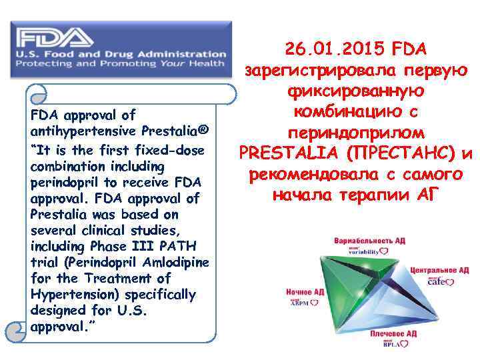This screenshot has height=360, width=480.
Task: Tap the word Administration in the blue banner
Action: pos(181,54)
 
